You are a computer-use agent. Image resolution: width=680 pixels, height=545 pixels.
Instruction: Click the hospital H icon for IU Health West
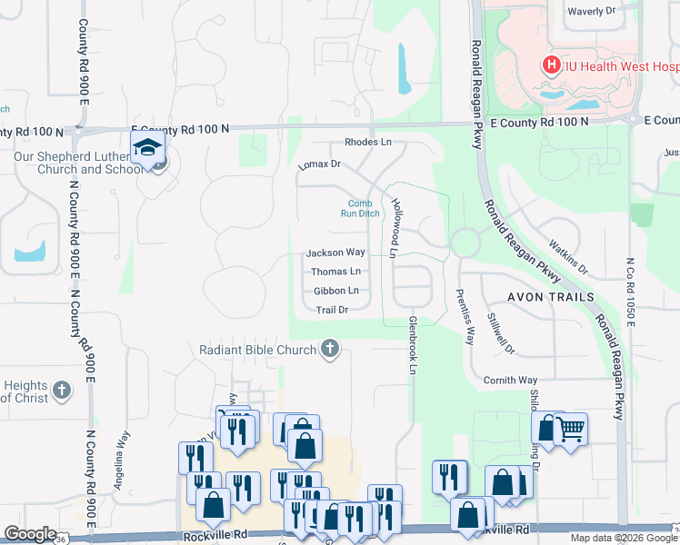point(550,65)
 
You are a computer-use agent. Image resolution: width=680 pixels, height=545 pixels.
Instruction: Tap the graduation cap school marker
point(146,147)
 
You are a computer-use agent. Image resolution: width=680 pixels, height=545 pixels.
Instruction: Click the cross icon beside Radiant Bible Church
point(330,349)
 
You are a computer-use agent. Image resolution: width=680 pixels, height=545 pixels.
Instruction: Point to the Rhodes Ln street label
point(367,143)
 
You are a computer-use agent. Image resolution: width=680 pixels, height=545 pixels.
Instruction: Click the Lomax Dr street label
point(318,165)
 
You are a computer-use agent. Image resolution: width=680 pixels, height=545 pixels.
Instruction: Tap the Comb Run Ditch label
point(360,209)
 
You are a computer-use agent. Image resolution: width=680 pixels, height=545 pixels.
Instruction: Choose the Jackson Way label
point(335,253)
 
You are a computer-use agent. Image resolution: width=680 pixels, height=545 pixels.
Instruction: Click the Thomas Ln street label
point(335,272)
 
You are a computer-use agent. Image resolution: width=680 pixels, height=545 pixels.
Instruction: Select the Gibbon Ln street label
point(335,291)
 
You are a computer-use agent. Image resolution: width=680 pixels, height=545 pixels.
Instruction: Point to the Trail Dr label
point(332,310)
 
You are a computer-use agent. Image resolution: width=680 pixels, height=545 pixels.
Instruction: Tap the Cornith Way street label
point(510,381)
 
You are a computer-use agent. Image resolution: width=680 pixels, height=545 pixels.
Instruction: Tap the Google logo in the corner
point(30,534)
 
